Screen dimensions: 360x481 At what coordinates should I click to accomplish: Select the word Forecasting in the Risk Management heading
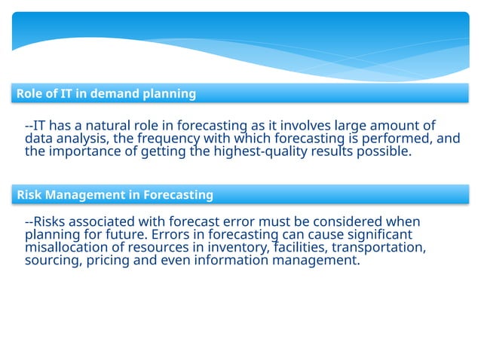[x=178, y=195]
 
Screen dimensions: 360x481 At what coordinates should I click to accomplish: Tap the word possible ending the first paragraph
[x=387, y=151]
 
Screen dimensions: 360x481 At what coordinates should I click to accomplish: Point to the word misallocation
[x=63, y=248]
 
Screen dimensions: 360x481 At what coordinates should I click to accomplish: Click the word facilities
[x=302, y=248]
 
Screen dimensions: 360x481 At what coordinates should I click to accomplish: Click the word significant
[x=376, y=235]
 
